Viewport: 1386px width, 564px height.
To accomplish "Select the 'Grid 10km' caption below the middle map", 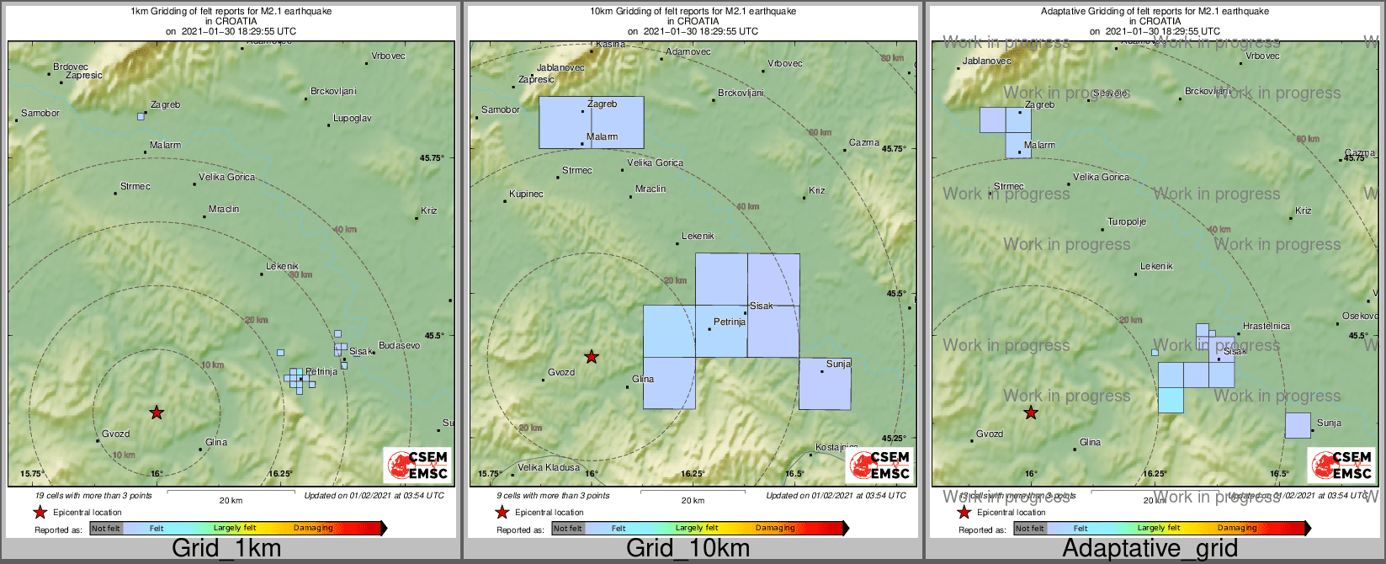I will point(688,549).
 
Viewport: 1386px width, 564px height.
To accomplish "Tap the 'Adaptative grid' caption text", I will point(1150,549).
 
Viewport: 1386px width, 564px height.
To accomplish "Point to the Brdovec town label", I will point(71,67).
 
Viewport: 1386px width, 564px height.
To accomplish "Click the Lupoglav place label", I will point(352,119).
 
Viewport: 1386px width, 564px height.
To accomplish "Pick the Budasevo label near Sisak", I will point(399,346).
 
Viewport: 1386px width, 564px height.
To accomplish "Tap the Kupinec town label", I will point(526,194).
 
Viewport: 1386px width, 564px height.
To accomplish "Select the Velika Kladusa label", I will point(548,467).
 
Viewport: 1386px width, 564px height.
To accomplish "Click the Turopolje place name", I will point(1127,222).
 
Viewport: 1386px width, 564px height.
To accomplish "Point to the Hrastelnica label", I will point(1266,326).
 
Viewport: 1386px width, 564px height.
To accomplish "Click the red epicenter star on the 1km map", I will point(157,412).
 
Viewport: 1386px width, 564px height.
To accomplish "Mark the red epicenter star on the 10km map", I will point(592,357).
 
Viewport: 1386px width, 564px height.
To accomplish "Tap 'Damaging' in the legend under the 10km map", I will point(775,528).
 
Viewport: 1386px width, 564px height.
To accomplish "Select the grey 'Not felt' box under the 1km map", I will point(106,528).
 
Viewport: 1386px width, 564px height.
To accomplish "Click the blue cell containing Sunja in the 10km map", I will point(824,385).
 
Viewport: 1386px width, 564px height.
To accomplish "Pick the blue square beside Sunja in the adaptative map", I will point(1298,425).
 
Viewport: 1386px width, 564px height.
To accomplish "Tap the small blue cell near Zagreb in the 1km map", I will point(141,116).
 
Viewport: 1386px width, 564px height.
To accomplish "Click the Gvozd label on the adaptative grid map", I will point(990,434).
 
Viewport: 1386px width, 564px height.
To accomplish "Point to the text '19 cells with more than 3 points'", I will point(93,496).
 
